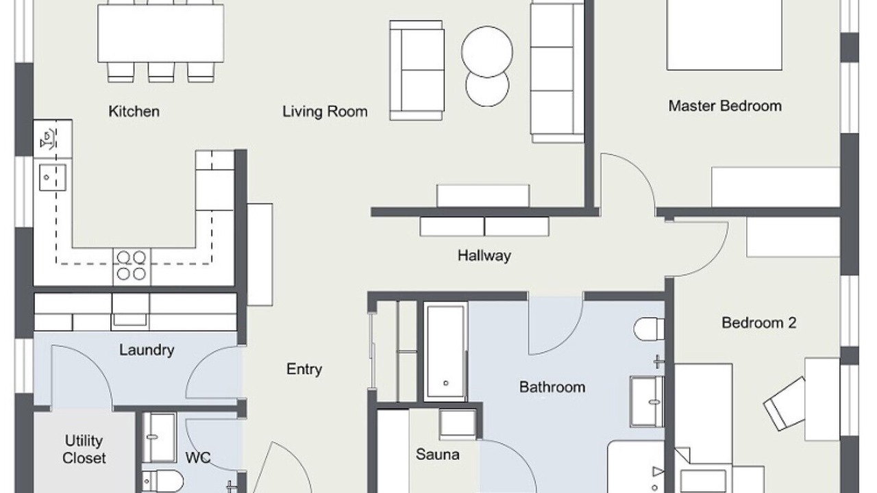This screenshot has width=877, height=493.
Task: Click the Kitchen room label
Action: coord(134,112)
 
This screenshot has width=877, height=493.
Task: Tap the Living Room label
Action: coord(325,112)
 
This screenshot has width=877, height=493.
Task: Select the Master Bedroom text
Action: coord(725,106)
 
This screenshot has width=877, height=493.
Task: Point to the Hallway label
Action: coord(484,256)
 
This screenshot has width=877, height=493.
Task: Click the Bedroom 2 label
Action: coord(758,323)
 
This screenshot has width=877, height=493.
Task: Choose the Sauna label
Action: coord(437,454)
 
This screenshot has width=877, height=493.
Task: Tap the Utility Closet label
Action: coord(84,450)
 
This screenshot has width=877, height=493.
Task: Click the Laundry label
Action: coord(147,350)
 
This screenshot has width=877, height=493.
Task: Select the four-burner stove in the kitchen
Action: coord(132,266)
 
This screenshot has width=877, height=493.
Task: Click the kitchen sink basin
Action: coord(53,177)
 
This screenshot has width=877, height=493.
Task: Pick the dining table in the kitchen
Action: coord(160,34)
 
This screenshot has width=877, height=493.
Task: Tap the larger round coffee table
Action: coord(487,51)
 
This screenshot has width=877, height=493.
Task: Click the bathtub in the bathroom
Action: coord(445,351)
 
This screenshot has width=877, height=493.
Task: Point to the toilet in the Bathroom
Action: coord(649,329)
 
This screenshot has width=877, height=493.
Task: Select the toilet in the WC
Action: coord(162,481)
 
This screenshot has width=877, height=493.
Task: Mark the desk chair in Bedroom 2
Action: coord(785,404)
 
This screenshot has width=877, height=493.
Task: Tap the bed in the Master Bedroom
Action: coord(724,35)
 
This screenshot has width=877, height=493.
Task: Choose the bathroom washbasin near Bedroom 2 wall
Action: coord(647,401)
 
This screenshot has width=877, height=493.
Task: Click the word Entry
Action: coord(304,369)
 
